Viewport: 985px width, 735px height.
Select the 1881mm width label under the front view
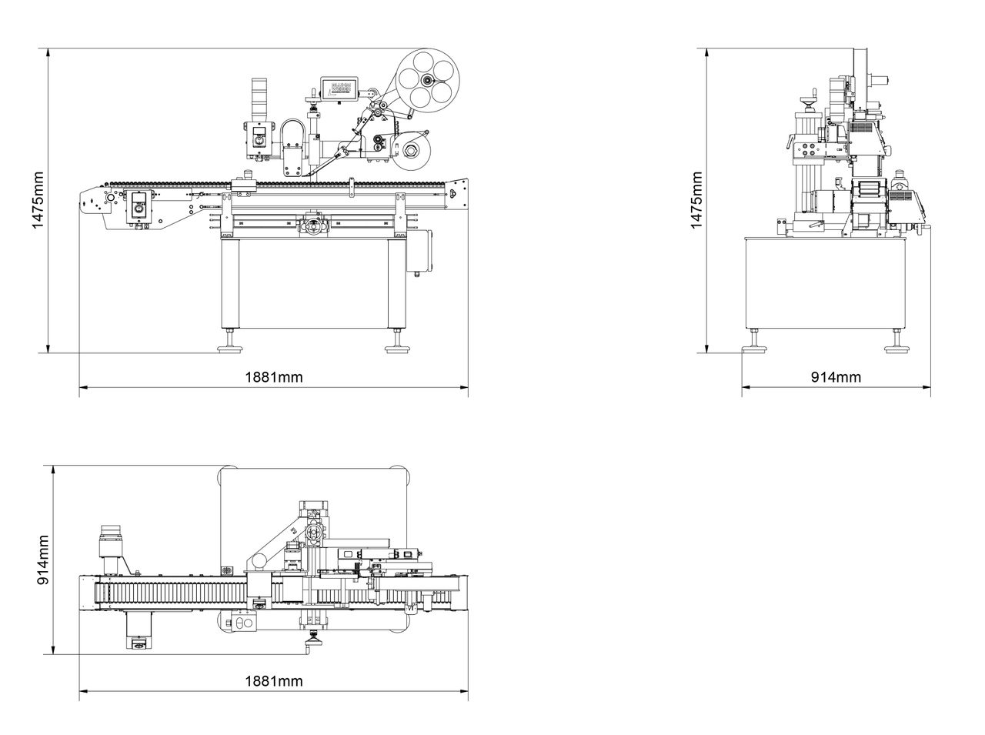click(x=274, y=377)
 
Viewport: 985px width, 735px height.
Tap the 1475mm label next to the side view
click(x=696, y=200)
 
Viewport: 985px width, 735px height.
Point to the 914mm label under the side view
click(x=836, y=377)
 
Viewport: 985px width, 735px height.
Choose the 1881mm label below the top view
click(x=274, y=681)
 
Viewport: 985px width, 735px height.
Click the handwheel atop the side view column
click(x=806, y=98)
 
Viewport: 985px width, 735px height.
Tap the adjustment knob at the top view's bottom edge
click(x=314, y=636)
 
